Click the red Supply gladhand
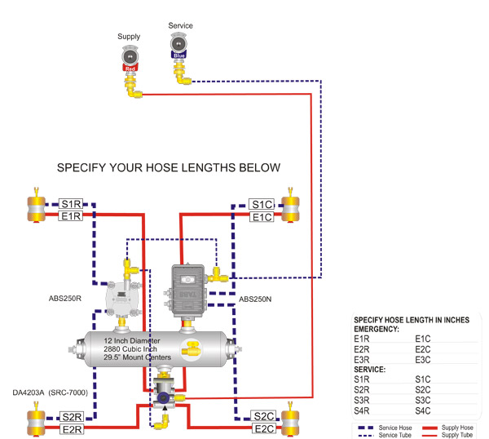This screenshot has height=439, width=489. point(130,59)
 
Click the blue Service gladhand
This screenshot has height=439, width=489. point(178,46)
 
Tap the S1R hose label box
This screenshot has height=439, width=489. point(71,204)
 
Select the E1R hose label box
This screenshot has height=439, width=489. point(70,215)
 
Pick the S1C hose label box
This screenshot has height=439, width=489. point(262,205)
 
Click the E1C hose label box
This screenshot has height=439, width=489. point(262,217)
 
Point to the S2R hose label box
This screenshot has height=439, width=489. point(72,417)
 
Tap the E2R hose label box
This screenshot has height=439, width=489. point(72,430)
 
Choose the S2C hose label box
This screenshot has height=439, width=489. point(263,416)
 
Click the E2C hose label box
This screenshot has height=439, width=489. point(264,428)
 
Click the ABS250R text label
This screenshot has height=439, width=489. point(65,299)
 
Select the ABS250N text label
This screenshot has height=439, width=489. point(255,299)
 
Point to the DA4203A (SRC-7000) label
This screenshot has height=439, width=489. point(51,392)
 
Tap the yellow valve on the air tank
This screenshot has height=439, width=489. point(192,349)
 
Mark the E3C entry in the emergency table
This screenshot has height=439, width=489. point(422,360)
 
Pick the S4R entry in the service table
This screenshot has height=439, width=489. point(361,410)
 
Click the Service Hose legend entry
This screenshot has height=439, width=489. point(385,428)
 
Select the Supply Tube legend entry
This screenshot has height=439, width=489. point(447,435)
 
